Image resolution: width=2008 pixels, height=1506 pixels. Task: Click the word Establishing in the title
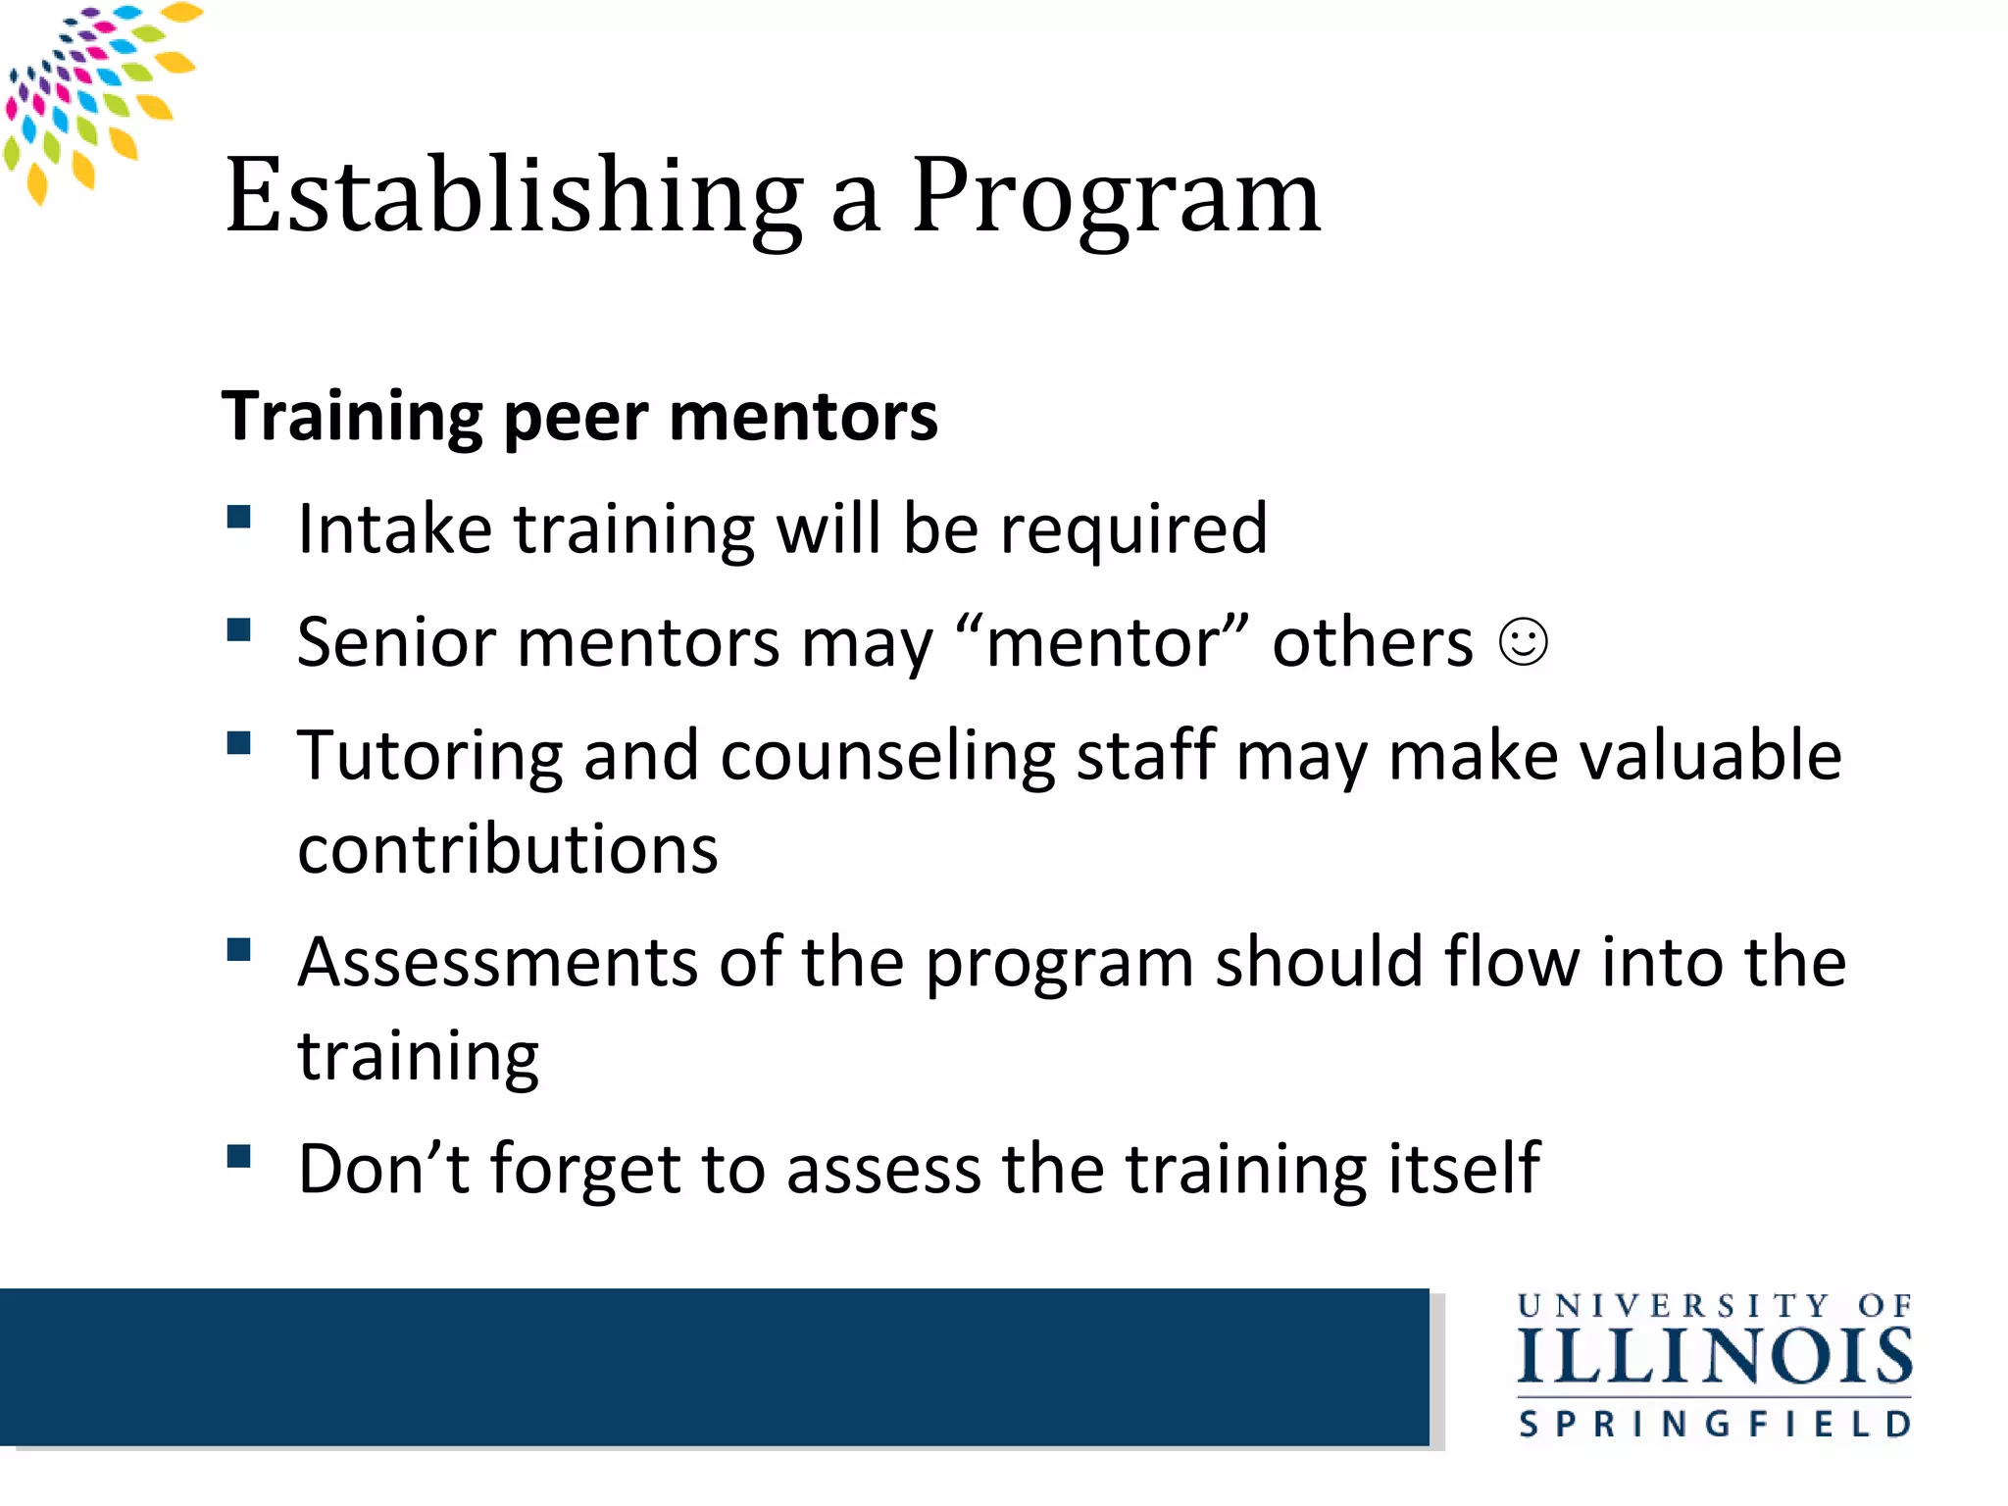pos(514,196)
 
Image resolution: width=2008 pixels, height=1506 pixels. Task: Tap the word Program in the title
pos(1116,196)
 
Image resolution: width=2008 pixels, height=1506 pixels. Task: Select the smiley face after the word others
pos(1523,643)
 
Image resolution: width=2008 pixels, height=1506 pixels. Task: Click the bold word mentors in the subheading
pos(803,417)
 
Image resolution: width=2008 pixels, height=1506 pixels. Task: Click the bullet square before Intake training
pos(238,517)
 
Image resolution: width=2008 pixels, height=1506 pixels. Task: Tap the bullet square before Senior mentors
pos(238,629)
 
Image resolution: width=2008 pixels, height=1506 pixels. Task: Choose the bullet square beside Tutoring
pos(238,742)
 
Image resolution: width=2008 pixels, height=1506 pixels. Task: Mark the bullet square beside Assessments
pos(238,949)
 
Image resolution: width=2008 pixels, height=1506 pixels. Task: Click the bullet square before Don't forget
pos(238,1157)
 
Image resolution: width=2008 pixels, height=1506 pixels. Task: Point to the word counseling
pos(887,756)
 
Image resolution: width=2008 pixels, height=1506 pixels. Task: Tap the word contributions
pos(507,849)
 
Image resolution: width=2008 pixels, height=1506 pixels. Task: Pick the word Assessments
pos(497,963)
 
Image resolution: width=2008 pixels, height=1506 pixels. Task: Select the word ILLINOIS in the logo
pos(1714,1357)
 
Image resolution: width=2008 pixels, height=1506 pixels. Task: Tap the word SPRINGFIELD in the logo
pos(1714,1424)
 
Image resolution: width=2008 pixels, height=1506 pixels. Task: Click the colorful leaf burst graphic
pos(93,98)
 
